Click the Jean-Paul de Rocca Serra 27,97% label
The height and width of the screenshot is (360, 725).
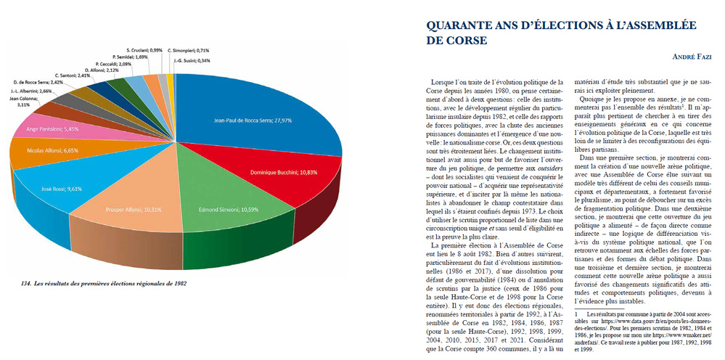point(251,120)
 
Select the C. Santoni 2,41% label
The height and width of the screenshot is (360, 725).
point(72,75)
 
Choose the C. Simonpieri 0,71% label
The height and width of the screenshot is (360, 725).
point(189,50)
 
